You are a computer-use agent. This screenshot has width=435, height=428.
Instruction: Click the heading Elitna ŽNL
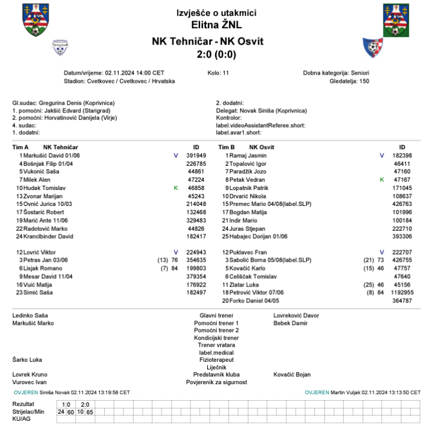217,25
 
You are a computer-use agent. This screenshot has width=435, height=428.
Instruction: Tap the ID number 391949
196,155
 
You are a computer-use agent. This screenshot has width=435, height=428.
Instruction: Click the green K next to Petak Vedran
382,179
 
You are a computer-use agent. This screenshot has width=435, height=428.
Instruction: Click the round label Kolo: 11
218,72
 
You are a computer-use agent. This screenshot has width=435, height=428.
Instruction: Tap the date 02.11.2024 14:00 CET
134,72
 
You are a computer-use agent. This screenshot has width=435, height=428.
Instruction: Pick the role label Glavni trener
217,316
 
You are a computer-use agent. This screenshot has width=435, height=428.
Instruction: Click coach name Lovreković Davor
296,316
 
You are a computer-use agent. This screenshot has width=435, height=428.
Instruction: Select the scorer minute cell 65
90,411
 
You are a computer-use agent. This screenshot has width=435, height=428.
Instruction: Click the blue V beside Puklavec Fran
382,252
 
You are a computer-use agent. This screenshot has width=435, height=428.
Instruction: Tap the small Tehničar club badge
60,47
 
